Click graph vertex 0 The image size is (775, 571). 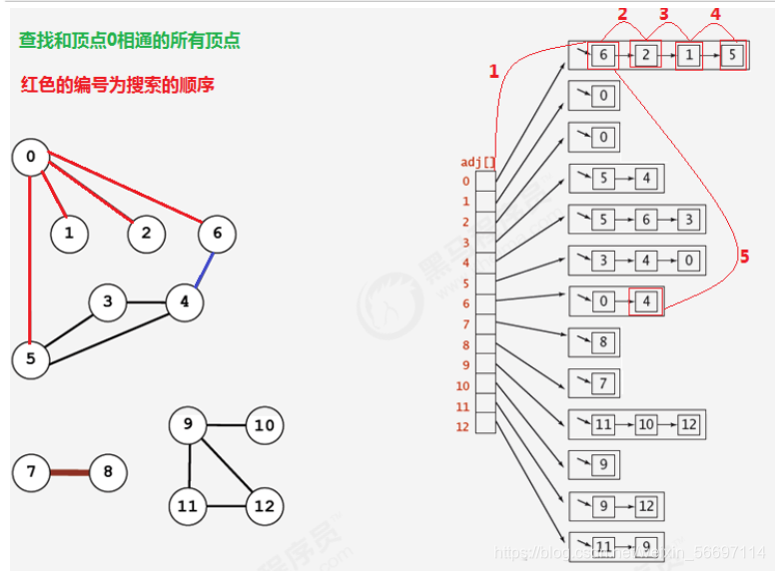(31, 157)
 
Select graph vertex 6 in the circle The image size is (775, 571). (217, 234)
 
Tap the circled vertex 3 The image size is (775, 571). (107, 301)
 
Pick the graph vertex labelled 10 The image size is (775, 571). (264, 426)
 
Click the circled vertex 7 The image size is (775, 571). (31, 471)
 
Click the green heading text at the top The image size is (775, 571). (129, 41)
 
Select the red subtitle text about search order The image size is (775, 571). (118, 85)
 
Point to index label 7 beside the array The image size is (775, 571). (464, 324)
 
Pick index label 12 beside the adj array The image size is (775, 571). (462, 426)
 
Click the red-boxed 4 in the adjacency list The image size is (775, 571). (646, 300)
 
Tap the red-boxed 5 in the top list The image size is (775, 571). (732, 55)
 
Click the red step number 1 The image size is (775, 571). (492, 71)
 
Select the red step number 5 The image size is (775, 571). (743, 257)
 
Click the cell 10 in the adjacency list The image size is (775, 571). (646, 424)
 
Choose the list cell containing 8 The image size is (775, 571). (603, 342)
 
